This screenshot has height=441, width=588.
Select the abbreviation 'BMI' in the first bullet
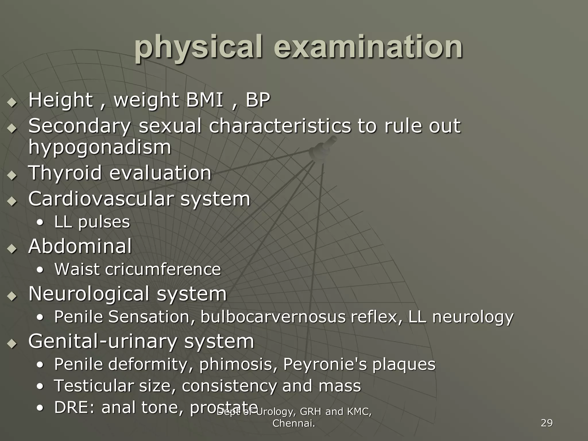click(x=205, y=100)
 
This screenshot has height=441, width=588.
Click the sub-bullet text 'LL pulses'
click(x=92, y=222)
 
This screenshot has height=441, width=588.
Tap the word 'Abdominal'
click(x=80, y=246)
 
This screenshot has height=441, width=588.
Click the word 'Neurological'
click(x=89, y=294)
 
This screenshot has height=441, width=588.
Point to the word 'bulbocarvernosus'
click(x=273, y=317)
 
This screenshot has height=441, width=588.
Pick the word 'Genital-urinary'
click(x=102, y=341)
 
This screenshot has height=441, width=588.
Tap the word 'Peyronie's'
click(x=325, y=364)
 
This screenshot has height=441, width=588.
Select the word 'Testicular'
click(x=93, y=386)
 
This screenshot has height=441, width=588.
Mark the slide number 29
click(x=546, y=423)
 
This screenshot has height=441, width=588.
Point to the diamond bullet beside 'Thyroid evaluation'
click(x=12, y=175)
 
